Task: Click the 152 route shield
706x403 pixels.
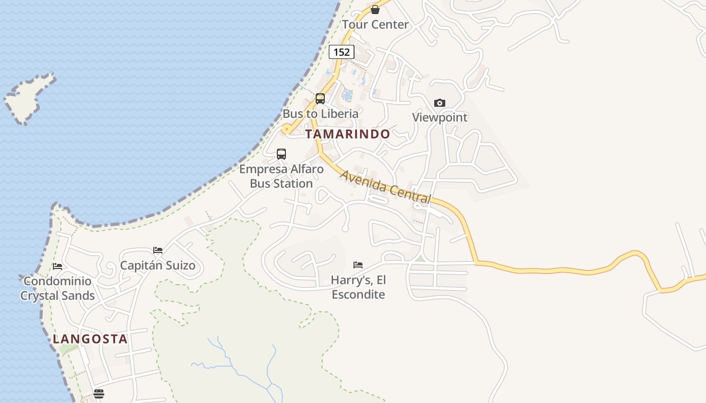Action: [341, 52]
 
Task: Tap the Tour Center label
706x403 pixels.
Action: [375, 24]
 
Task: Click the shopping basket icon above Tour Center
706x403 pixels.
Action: [375, 9]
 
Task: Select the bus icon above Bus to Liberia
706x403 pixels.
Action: [320, 98]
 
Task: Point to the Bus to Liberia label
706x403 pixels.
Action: [320, 113]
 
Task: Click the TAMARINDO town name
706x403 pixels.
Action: [347, 134]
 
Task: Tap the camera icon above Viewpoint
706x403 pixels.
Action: [440, 103]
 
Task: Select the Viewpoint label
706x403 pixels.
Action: [440, 117]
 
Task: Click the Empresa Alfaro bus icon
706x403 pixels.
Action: [281, 154]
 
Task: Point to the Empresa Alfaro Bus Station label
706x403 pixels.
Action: [281, 176]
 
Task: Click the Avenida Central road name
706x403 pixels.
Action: [386, 187]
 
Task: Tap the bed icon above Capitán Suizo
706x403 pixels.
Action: [158, 250]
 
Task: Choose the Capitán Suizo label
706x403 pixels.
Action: [158, 265]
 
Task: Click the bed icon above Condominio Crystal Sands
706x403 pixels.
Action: [57, 266]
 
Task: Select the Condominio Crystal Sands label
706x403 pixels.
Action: [57, 288]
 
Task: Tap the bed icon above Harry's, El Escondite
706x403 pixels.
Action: [358, 264]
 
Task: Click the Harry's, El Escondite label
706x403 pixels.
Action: [358, 287]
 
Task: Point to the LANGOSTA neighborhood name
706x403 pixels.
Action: [90, 339]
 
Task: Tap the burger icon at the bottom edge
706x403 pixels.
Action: [99, 393]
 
